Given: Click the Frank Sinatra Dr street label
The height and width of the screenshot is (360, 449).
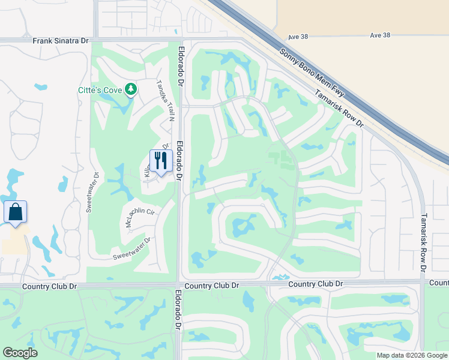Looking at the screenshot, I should click(61, 41).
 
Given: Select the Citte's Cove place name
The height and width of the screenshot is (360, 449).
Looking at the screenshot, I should click(100, 90).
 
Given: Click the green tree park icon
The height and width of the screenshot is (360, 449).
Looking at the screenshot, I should click(131, 90).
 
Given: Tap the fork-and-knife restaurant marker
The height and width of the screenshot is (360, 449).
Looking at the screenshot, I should click(161, 161).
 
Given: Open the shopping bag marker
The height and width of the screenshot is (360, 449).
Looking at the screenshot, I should click(15, 212).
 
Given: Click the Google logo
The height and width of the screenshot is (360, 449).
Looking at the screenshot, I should click(20, 353).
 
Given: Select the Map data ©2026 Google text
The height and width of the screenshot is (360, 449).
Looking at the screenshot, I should click(411, 355).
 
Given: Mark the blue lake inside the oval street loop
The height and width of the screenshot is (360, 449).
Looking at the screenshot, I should click(243, 226).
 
